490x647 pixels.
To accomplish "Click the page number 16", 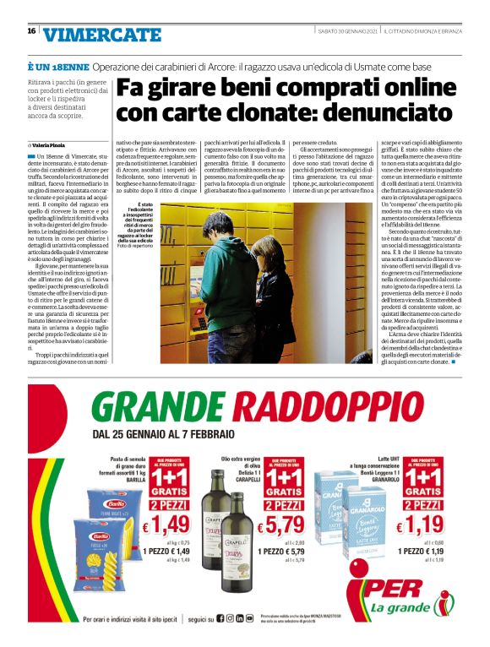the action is (x=31, y=31).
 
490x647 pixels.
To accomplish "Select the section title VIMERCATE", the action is (x=102, y=35).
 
